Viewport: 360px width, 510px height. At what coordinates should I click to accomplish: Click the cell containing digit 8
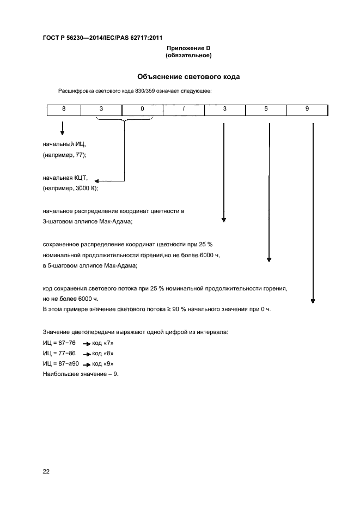click(63, 110)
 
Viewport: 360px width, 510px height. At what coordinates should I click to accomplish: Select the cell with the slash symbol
click(184, 110)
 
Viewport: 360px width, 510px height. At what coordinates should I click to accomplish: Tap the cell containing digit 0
click(142, 110)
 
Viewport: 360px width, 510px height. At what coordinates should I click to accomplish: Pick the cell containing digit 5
click(266, 110)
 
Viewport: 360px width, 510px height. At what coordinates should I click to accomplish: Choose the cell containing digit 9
click(307, 110)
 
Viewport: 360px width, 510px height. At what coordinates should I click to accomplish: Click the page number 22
click(46, 471)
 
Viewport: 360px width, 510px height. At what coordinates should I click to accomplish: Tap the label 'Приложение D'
click(188, 48)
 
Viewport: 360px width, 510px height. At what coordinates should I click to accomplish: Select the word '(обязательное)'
click(188, 56)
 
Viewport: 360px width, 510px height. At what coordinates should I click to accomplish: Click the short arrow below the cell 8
click(63, 129)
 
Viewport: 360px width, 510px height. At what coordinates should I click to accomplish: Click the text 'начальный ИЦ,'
click(64, 144)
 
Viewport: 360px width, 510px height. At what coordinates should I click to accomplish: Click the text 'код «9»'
click(103, 363)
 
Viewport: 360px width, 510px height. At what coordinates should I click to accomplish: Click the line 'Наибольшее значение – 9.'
click(80, 374)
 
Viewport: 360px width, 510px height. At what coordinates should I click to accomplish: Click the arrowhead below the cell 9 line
click(313, 299)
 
